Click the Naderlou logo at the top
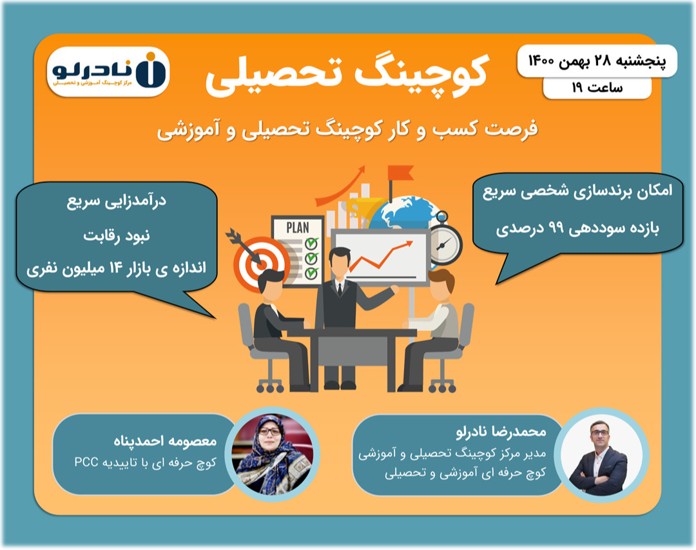[108, 71]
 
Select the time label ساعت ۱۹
[597, 88]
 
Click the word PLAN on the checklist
[298, 227]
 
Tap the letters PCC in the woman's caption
[86, 462]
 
